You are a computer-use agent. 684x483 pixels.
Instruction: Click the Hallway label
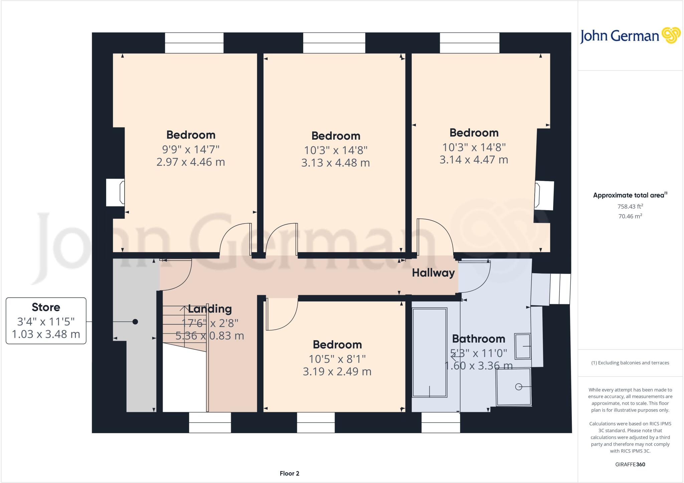tap(433, 273)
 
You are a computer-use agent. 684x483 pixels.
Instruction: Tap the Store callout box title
tap(46, 307)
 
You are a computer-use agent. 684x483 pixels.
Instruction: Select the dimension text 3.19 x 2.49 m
tap(337, 371)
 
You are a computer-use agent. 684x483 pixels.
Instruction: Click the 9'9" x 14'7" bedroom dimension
tap(191, 149)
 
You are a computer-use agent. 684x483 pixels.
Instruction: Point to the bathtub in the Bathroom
tap(430, 352)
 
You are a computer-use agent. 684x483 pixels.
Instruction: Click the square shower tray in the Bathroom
tap(513, 387)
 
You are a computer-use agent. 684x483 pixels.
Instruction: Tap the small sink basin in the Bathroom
tap(522, 346)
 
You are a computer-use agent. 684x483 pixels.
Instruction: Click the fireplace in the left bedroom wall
tap(116, 193)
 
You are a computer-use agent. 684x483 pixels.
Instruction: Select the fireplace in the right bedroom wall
tap(544, 195)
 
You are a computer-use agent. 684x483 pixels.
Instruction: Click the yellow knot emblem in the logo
tap(671, 35)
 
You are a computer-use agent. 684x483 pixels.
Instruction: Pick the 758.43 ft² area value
tap(630, 206)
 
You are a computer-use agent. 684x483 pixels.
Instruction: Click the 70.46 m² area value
tap(630, 216)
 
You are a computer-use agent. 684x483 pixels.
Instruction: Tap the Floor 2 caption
tap(289, 473)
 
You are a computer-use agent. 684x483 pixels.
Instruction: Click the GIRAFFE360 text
tap(630, 464)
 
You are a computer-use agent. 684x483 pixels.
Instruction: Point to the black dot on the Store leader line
tap(135, 322)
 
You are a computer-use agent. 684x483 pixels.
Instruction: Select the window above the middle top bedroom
tap(334, 43)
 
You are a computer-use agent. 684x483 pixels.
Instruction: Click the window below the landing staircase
tap(210, 423)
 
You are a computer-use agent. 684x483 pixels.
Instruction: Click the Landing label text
tap(210, 309)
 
